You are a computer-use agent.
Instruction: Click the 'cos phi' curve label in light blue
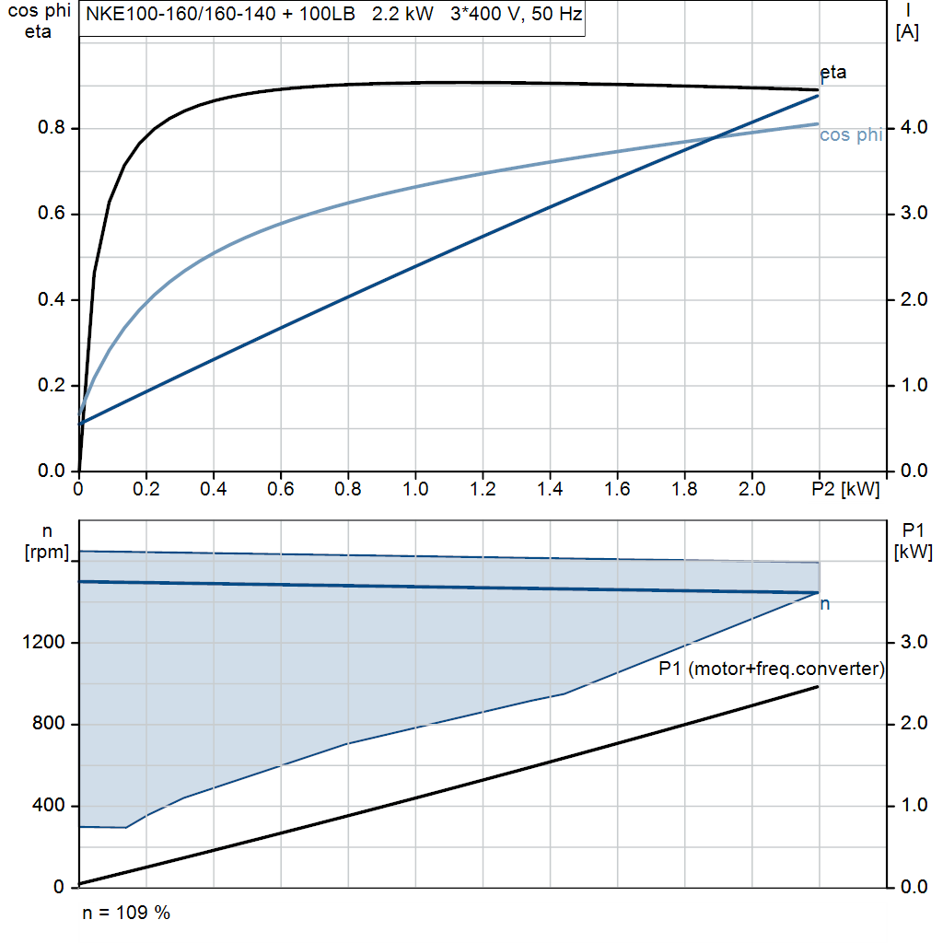pyautogui.click(x=851, y=135)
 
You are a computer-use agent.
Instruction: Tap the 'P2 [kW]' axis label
pyautogui.click(x=844, y=489)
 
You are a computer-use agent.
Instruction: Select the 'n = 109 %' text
pyautogui.click(x=126, y=913)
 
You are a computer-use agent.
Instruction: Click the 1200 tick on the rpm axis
pyautogui.click(x=45, y=643)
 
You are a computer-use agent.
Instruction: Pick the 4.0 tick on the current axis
pyautogui.click(x=910, y=127)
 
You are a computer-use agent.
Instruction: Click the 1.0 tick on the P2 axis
pyautogui.click(x=415, y=489)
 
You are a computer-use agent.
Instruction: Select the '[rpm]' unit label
pyautogui.click(x=46, y=552)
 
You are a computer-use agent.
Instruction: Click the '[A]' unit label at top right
pyautogui.click(x=908, y=32)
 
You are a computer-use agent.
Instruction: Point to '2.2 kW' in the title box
pyautogui.click(x=402, y=16)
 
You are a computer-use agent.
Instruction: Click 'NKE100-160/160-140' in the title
pyautogui.click(x=169, y=16)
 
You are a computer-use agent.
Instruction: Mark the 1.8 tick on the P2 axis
pyautogui.click(x=685, y=489)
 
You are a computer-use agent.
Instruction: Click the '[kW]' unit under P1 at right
pyautogui.click(x=914, y=552)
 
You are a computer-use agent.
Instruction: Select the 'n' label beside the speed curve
pyautogui.click(x=825, y=604)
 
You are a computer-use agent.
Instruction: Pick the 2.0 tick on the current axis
pyautogui.click(x=910, y=299)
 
